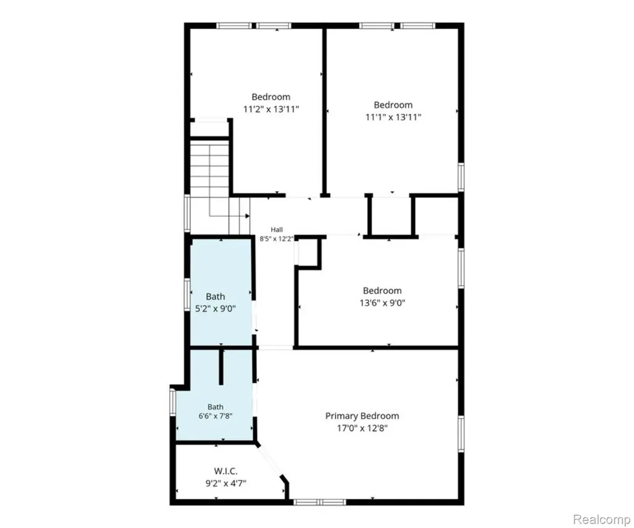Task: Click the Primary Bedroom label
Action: click(x=362, y=416)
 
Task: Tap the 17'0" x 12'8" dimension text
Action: click(x=362, y=428)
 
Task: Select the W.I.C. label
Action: click(x=225, y=471)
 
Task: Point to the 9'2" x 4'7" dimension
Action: click(x=226, y=483)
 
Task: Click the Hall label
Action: click(x=277, y=230)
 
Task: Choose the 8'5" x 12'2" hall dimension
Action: click(x=277, y=239)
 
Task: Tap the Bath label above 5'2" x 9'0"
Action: click(x=215, y=296)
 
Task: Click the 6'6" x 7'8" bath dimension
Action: click(x=215, y=415)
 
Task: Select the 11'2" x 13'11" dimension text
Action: click(x=271, y=109)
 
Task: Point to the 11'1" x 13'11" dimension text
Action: click(x=393, y=117)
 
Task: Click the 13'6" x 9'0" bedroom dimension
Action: click(x=383, y=303)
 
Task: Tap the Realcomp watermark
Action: click(x=602, y=519)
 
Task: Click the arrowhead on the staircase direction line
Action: click(x=247, y=216)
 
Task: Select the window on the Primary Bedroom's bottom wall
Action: click(x=320, y=502)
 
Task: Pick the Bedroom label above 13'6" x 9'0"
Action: click(x=383, y=291)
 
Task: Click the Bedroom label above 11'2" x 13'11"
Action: click(x=271, y=97)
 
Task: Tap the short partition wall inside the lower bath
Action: click(x=221, y=366)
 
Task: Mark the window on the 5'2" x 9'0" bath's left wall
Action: click(x=187, y=294)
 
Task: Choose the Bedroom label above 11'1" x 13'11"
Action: click(x=393, y=105)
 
